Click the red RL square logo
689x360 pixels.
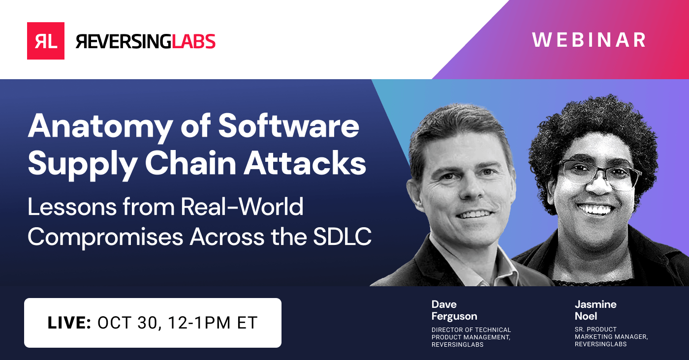click(x=45, y=41)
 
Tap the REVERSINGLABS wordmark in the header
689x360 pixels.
click(x=145, y=41)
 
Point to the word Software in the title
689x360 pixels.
click(x=289, y=126)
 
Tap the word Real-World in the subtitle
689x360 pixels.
click(x=242, y=207)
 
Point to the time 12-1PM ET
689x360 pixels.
click(x=213, y=323)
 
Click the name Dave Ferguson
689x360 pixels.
click(x=454, y=310)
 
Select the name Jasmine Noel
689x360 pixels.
click(x=595, y=310)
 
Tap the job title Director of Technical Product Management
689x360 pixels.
click(x=471, y=337)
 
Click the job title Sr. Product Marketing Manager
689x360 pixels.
click(x=611, y=337)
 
